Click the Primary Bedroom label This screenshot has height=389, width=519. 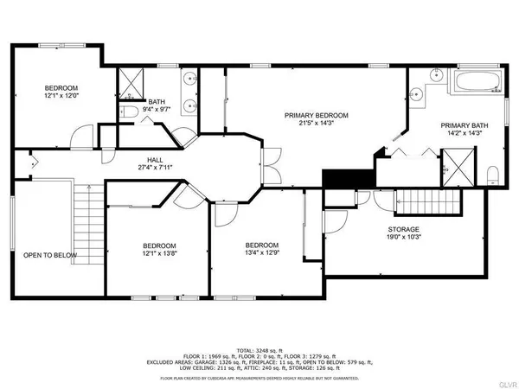click(x=317, y=116)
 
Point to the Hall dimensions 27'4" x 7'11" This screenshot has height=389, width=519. click(x=155, y=169)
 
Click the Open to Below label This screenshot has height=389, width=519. click(x=50, y=255)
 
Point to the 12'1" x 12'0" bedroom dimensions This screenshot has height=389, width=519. click(x=61, y=97)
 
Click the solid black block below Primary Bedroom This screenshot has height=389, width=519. click(x=339, y=177)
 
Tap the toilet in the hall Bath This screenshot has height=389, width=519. click(x=127, y=111)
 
